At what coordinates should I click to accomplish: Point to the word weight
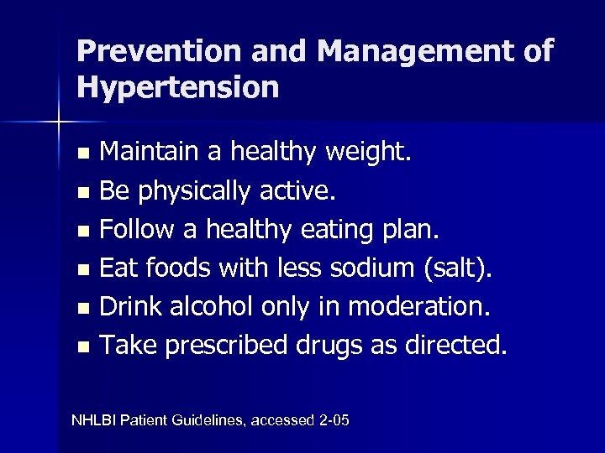point(369,154)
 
